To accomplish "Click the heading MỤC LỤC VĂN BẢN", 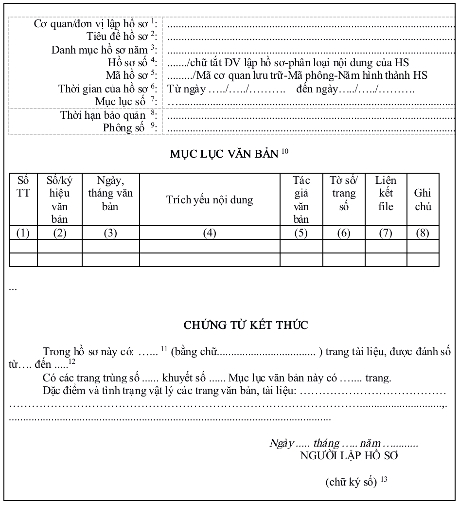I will [225, 154].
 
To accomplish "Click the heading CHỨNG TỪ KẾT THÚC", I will [246, 325].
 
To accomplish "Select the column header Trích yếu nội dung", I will [210, 200].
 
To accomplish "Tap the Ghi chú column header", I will [423, 200].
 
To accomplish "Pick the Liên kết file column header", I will [386, 194].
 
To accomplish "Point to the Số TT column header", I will [23, 186].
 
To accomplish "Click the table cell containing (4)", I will [210, 233].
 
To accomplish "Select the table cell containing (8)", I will [423, 233].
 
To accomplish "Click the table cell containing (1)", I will [23, 233].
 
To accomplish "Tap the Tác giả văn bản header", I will [301, 200].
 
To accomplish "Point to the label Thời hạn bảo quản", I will [103, 115].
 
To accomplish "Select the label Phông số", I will [124, 127].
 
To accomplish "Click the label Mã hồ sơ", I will [126, 75].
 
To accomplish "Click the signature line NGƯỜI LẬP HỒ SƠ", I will [349, 456].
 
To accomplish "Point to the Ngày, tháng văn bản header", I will [110, 193].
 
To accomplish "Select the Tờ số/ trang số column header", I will [344, 194].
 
